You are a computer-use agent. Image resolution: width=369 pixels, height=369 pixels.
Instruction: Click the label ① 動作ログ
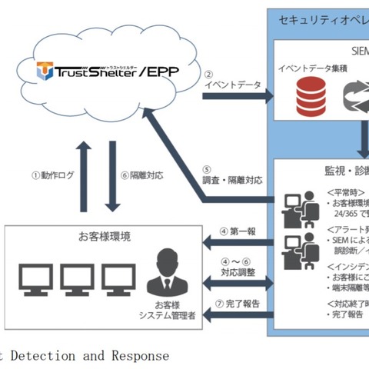click(53, 175)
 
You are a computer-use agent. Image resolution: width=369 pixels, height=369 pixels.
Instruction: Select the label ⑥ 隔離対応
click(142, 175)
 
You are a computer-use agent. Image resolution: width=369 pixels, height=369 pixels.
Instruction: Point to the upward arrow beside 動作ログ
click(85, 176)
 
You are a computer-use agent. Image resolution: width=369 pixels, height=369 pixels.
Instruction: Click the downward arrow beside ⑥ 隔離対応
click(112, 176)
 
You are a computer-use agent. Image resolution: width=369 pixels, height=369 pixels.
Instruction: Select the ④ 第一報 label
click(238, 230)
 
